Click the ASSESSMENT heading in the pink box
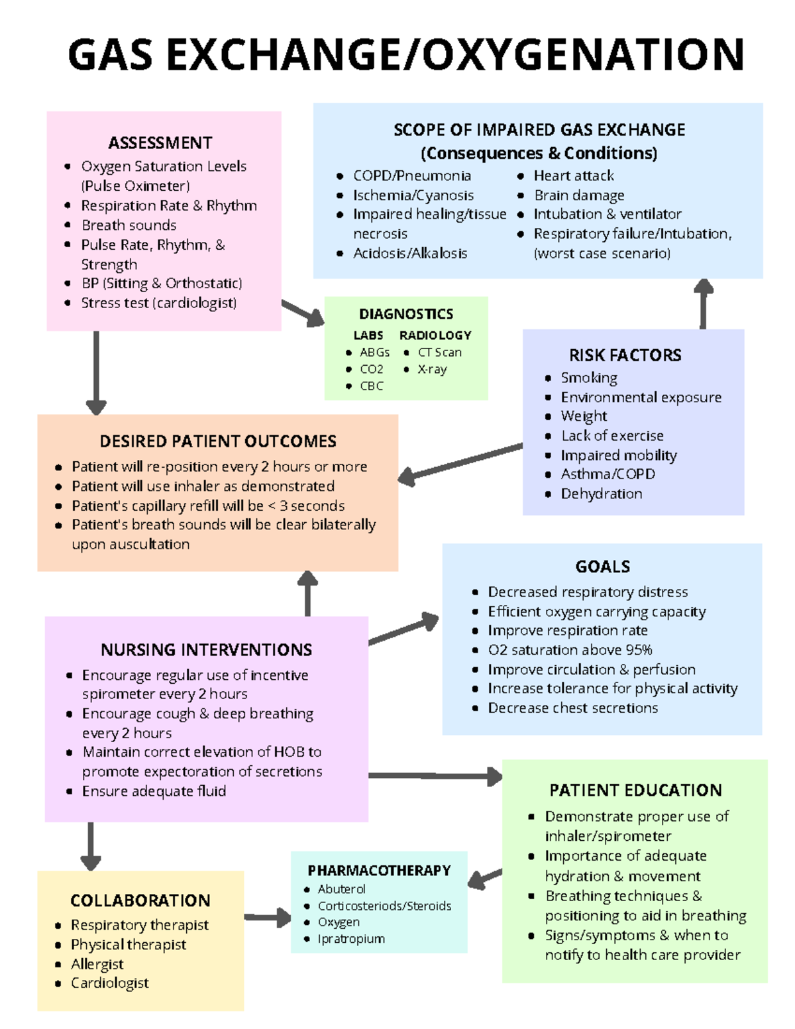pyautogui.click(x=160, y=143)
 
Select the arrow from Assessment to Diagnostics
pyautogui.click(x=303, y=313)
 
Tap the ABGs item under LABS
pyautogui.click(x=374, y=352)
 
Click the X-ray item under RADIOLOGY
pyautogui.click(x=432, y=369)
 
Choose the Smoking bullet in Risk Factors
pyautogui.click(x=589, y=378)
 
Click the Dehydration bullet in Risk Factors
pyautogui.click(x=601, y=494)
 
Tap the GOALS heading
pyautogui.click(x=602, y=567)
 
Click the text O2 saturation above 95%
pyautogui.click(x=570, y=650)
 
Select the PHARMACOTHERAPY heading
pyautogui.click(x=379, y=871)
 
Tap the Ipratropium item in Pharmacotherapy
pyautogui.click(x=351, y=939)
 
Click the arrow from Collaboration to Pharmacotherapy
pyautogui.click(x=268, y=918)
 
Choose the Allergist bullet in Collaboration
pyautogui.click(x=97, y=964)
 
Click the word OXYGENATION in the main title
pyautogui.click(x=583, y=54)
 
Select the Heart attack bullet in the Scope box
pyautogui.click(x=574, y=176)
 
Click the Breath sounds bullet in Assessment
pyautogui.click(x=129, y=225)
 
